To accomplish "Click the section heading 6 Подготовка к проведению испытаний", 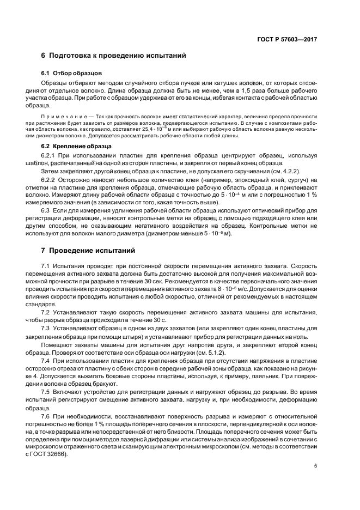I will pos(114,56).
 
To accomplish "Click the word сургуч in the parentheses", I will pos(298,179).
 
